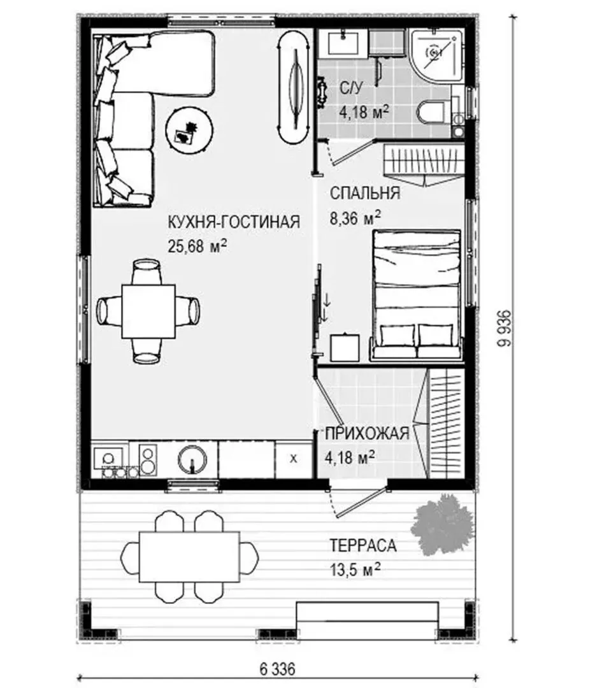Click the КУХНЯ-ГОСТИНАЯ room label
click(x=234, y=222)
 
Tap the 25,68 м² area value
click(x=197, y=246)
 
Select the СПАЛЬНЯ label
click(x=365, y=193)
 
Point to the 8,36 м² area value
click(x=355, y=217)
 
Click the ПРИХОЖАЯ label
click(x=367, y=434)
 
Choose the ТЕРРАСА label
click(x=363, y=546)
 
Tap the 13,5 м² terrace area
click(x=355, y=570)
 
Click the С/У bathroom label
click(x=352, y=88)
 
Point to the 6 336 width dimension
click(x=277, y=670)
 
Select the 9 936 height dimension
click(x=505, y=329)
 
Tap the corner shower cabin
click(x=436, y=55)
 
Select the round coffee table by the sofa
click(x=190, y=131)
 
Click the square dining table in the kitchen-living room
click(x=148, y=311)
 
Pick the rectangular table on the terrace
click(x=190, y=557)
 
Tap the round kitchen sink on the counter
click(x=192, y=459)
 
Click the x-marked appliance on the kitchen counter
click(x=294, y=459)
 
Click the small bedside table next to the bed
click(x=345, y=348)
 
